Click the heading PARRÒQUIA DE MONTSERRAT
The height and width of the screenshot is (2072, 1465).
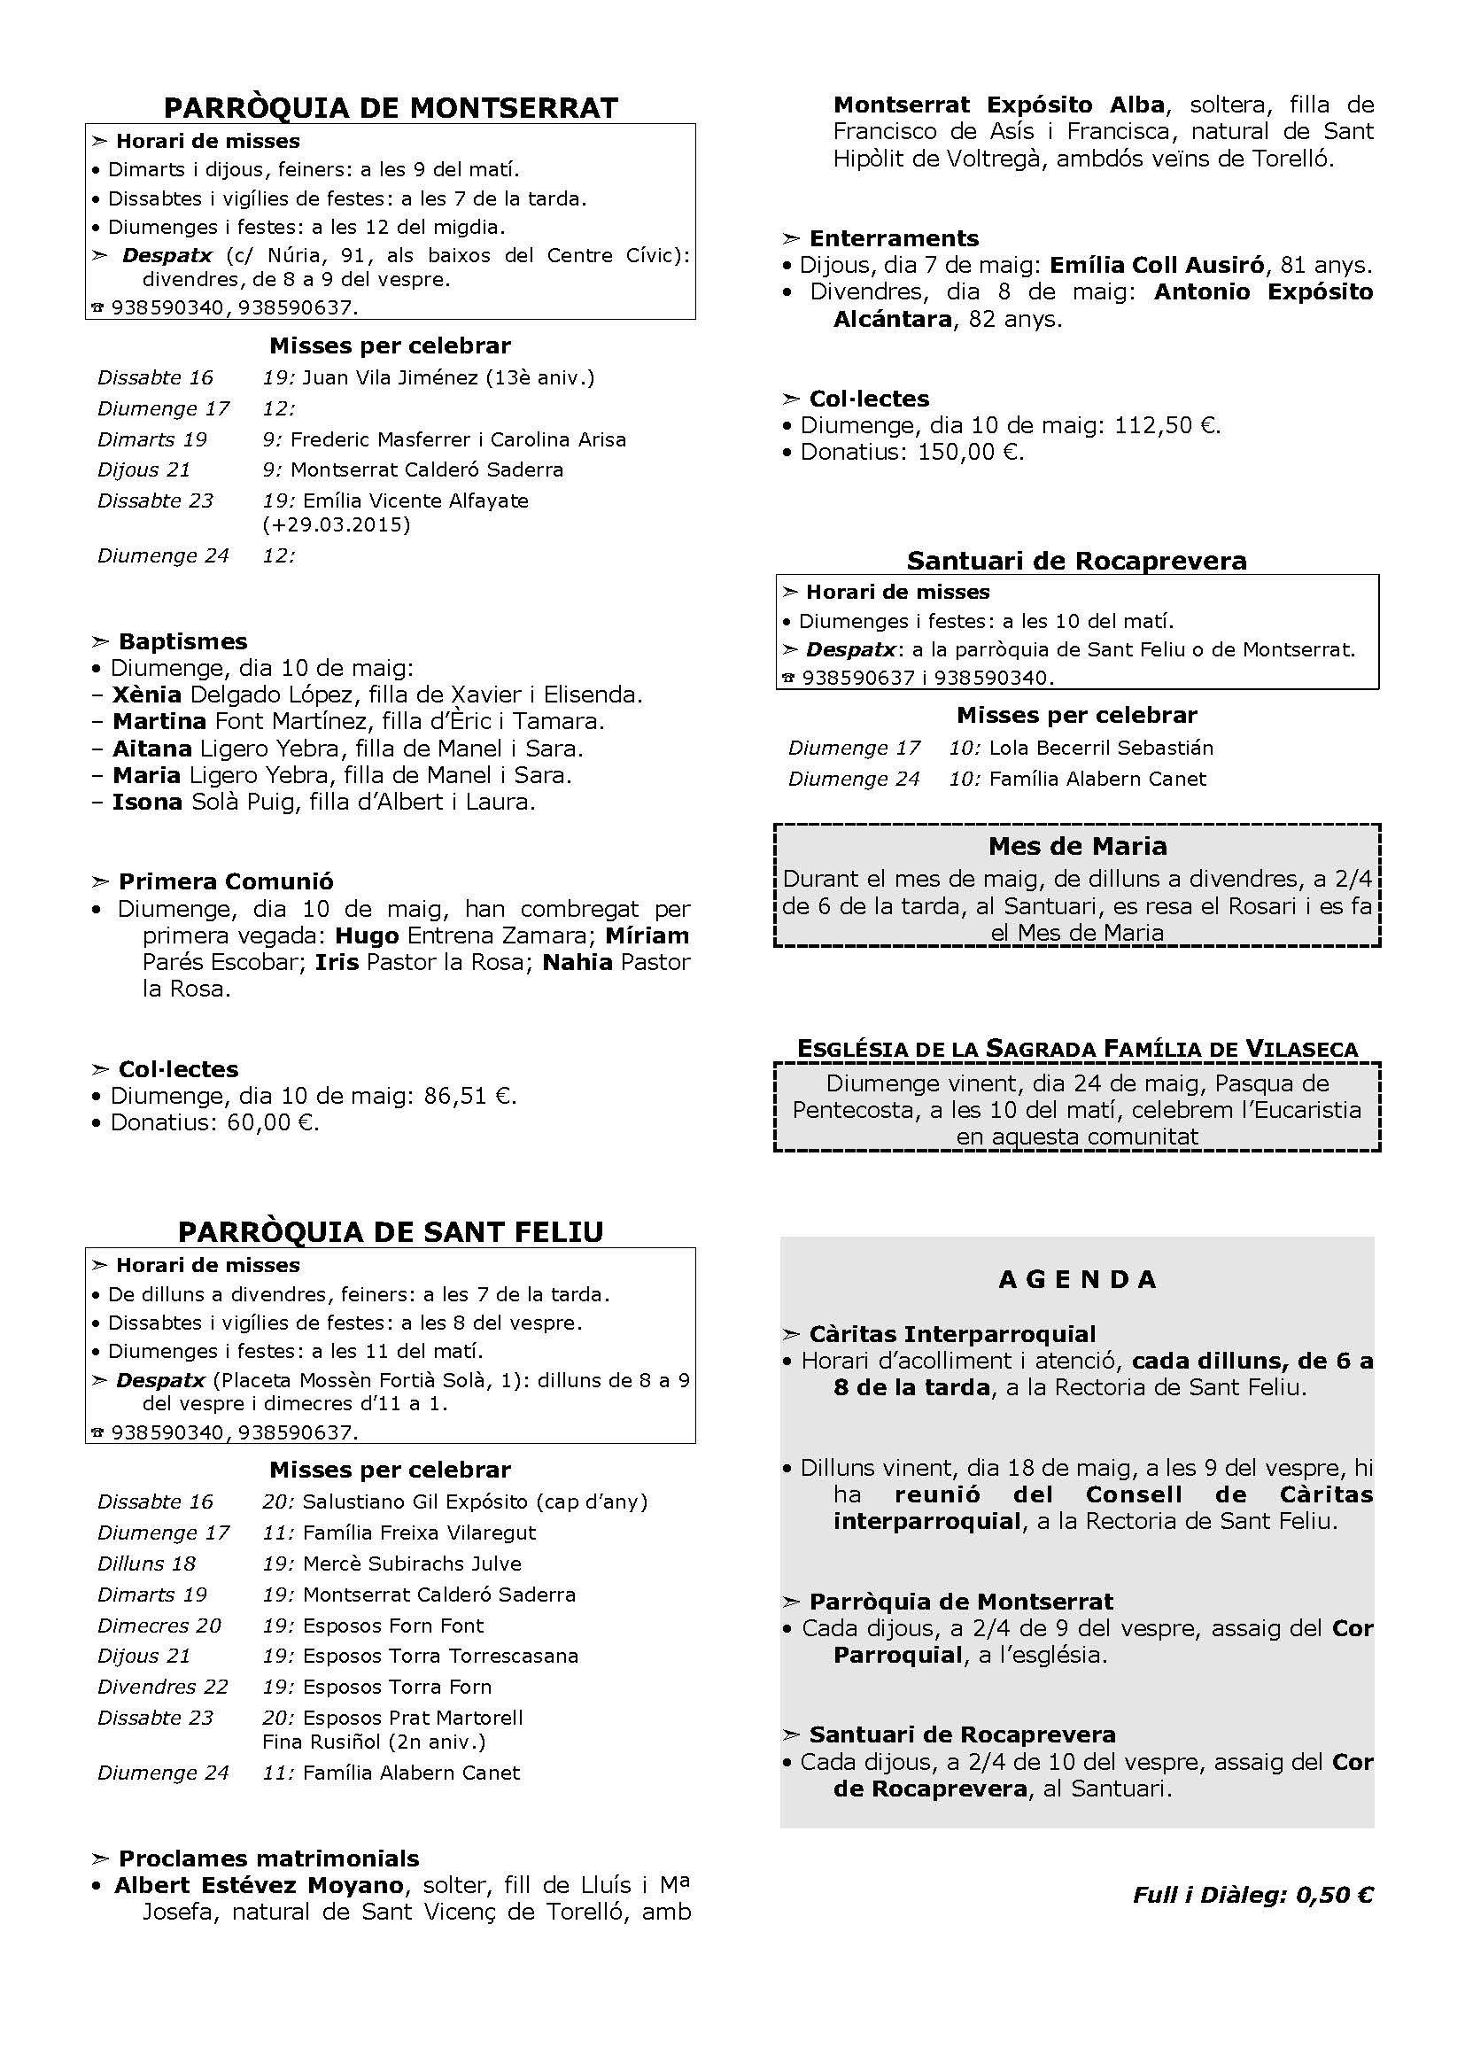tap(391, 107)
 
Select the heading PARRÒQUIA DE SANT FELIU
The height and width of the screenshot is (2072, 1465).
tap(391, 1232)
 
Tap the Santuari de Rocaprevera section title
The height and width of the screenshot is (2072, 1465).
tap(1076, 561)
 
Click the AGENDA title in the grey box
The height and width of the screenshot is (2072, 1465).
tap(1077, 1280)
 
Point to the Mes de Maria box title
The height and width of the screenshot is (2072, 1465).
tap(1077, 847)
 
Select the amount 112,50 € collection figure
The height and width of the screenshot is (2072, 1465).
tap(1169, 425)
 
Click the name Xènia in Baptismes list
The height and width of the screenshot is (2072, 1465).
tap(147, 695)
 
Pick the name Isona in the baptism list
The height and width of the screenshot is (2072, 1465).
tap(147, 802)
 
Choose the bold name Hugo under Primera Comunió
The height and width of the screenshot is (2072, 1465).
tap(367, 935)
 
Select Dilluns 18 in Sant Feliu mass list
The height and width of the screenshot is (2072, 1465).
tap(146, 1563)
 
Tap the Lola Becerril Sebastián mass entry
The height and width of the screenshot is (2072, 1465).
tap(1101, 748)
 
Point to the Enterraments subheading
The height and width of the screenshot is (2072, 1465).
tap(893, 238)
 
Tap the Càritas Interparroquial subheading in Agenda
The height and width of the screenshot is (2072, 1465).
tap(951, 1334)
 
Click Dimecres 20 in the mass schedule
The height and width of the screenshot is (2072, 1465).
tap(159, 1626)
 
